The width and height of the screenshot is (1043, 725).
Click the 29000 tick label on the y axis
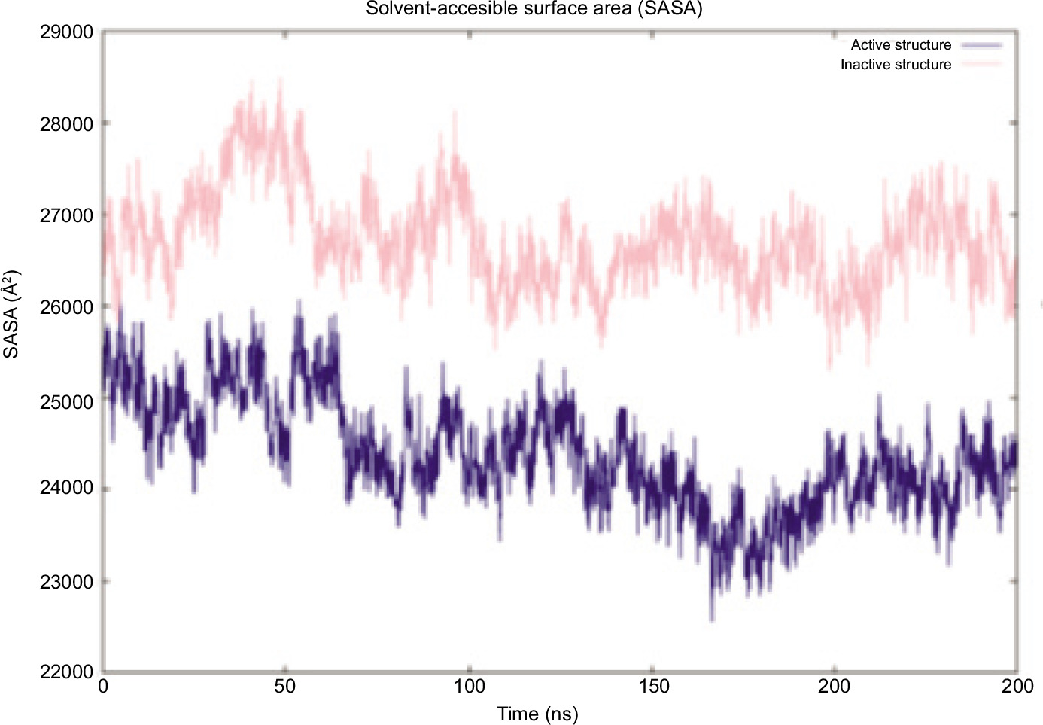coord(66,32)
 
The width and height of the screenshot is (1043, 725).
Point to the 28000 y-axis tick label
coord(66,124)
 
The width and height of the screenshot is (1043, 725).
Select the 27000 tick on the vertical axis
coord(66,216)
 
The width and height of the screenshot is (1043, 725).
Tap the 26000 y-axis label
coord(66,307)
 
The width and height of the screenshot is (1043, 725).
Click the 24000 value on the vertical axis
coord(66,488)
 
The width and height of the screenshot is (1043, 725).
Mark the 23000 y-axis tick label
coord(66,582)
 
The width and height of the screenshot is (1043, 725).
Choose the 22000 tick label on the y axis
coord(66,672)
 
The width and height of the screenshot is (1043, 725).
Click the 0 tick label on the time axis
coord(103,687)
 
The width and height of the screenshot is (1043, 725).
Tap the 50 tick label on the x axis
coord(284,687)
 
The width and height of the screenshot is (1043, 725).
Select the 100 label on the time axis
coord(470,687)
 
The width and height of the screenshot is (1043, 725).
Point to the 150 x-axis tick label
coord(653,687)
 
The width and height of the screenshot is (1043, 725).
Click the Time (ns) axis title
coord(537,714)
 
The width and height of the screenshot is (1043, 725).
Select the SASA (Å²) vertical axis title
coord(11,315)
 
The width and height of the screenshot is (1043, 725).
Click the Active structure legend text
coord(901,45)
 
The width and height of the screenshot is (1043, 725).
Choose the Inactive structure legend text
coord(896,65)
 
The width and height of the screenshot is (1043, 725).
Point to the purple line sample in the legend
coord(981,45)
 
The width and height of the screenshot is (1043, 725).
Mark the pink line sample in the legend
coord(981,65)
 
